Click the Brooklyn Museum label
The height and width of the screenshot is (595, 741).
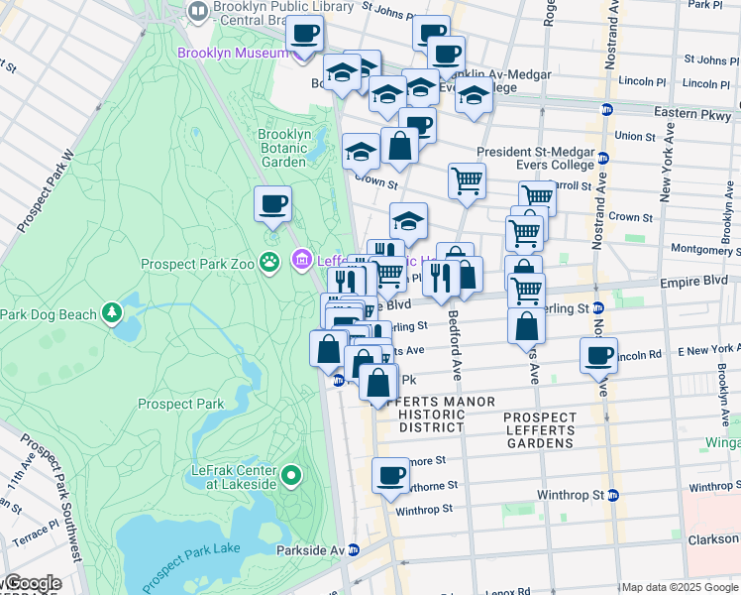pyautogui.click(x=234, y=52)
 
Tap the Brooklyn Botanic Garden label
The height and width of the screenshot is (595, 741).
pyautogui.click(x=284, y=148)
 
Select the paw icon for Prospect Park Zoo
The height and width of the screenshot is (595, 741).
pyautogui.click(x=269, y=262)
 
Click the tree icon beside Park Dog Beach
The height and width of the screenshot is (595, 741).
pyautogui.click(x=113, y=314)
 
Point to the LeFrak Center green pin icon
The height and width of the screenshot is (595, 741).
pyautogui.click(x=290, y=476)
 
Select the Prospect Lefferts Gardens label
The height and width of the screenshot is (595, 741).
pyautogui.click(x=539, y=430)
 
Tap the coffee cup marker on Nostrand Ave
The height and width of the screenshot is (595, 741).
pyautogui.click(x=598, y=357)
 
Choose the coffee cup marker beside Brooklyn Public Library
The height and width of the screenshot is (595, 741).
pyautogui.click(x=304, y=35)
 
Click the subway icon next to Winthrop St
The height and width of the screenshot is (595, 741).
pyautogui.click(x=612, y=494)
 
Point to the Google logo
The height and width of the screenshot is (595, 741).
pyautogui.click(x=32, y=583)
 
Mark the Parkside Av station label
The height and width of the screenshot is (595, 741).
pyautogui.click(x=310, y=550)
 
